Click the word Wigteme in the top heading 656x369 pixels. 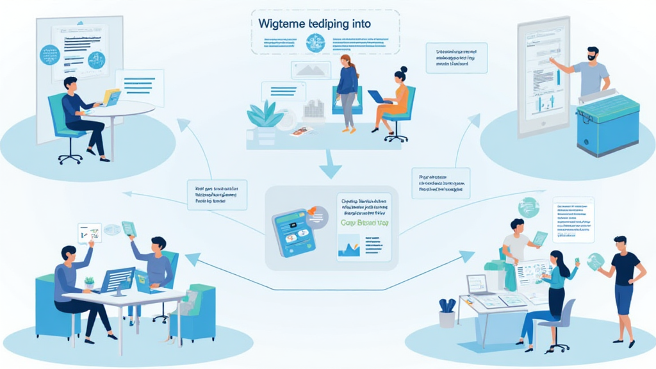click(286, 24)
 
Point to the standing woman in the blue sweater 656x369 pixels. click(347, 90)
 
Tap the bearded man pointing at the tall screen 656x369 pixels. click(586, 74)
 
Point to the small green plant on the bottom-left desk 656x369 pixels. click(88, 282)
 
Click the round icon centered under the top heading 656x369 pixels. click(315, 43)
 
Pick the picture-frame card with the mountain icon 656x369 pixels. click(311, 70)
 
